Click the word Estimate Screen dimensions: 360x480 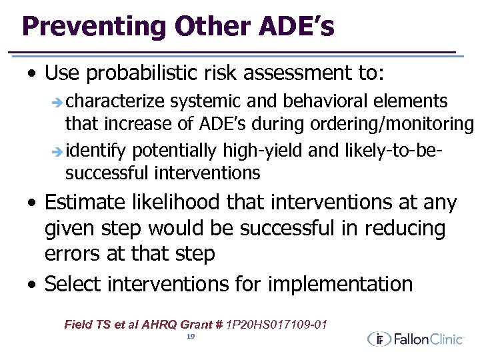pyautogui.click(x=85, y=202)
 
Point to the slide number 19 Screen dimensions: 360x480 pyautogui.click(x=190, y=337)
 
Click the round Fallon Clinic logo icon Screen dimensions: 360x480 pyautogui.click(x=379, y=339)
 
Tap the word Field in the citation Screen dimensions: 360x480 pyautogui.click(x=77, y=325)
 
